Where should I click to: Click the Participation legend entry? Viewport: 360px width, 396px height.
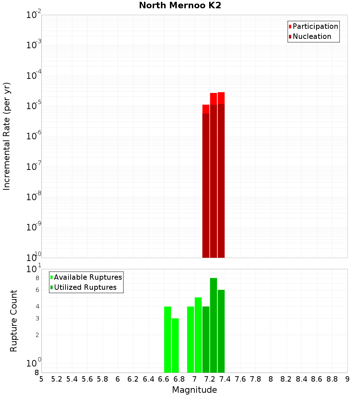315,26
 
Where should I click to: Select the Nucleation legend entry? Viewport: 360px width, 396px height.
312,36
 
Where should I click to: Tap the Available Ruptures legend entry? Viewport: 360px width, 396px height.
88,277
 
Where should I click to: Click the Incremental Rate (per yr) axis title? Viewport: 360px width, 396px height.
6,136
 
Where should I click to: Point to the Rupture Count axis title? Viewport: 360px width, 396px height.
14,321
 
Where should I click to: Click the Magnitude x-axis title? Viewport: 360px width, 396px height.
194,390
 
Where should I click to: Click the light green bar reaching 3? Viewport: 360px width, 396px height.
175,345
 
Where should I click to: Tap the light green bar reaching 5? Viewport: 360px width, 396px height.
198,335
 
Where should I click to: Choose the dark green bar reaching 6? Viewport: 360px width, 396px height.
221,331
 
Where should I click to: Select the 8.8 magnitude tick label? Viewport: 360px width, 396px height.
332,379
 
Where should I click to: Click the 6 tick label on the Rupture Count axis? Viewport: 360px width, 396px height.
37,290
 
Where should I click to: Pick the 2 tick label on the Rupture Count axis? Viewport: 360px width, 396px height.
37,335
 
